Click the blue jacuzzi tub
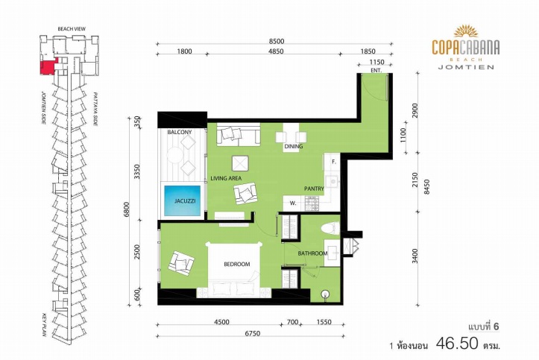[182, 200]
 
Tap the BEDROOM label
[237, 264]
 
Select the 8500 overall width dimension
[276, 42]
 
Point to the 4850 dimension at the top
[276, 51]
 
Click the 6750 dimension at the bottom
[252, 334]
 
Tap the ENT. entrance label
[376, 70]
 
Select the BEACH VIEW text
[72, 29]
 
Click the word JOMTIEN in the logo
[466, 67]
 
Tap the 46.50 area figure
[457, 343]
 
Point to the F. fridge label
[333, 162]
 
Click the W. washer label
[293, 203]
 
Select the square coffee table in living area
[240, 163]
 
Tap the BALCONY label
[180, 132]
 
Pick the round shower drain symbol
[326, 294]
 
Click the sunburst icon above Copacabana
[466, 31]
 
